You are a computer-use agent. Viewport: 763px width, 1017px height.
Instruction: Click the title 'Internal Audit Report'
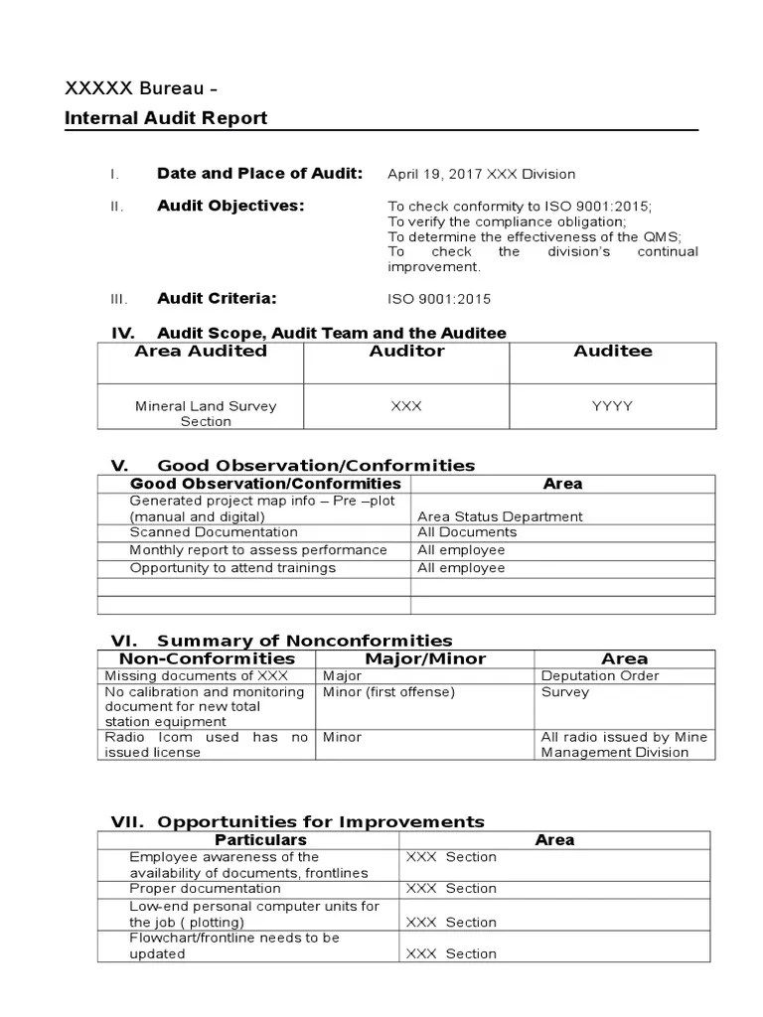pos(166,118)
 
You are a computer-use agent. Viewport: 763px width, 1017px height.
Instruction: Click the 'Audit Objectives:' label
pos(230,206)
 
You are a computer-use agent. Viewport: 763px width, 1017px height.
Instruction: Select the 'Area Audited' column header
pos(201,351)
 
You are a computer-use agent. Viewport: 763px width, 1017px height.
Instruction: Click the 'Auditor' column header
pos(406,351)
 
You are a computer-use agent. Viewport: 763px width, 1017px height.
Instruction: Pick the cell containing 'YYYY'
pos(612,406)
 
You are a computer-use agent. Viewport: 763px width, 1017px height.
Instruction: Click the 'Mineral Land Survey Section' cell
pos(206,413)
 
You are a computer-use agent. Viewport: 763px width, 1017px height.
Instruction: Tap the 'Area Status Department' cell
pos(500,516)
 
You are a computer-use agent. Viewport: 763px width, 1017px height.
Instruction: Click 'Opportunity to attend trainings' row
pos(232,568)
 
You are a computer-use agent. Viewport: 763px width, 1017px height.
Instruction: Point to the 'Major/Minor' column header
pos(424,658)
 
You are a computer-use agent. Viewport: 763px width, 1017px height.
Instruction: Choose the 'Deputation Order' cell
pos(599,675)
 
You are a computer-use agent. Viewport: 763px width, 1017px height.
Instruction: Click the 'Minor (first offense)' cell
pos(388,692)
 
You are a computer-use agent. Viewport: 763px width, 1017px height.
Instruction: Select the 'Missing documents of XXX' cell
pos(182,675)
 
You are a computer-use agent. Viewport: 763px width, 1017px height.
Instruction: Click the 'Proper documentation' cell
pos(205,888)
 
